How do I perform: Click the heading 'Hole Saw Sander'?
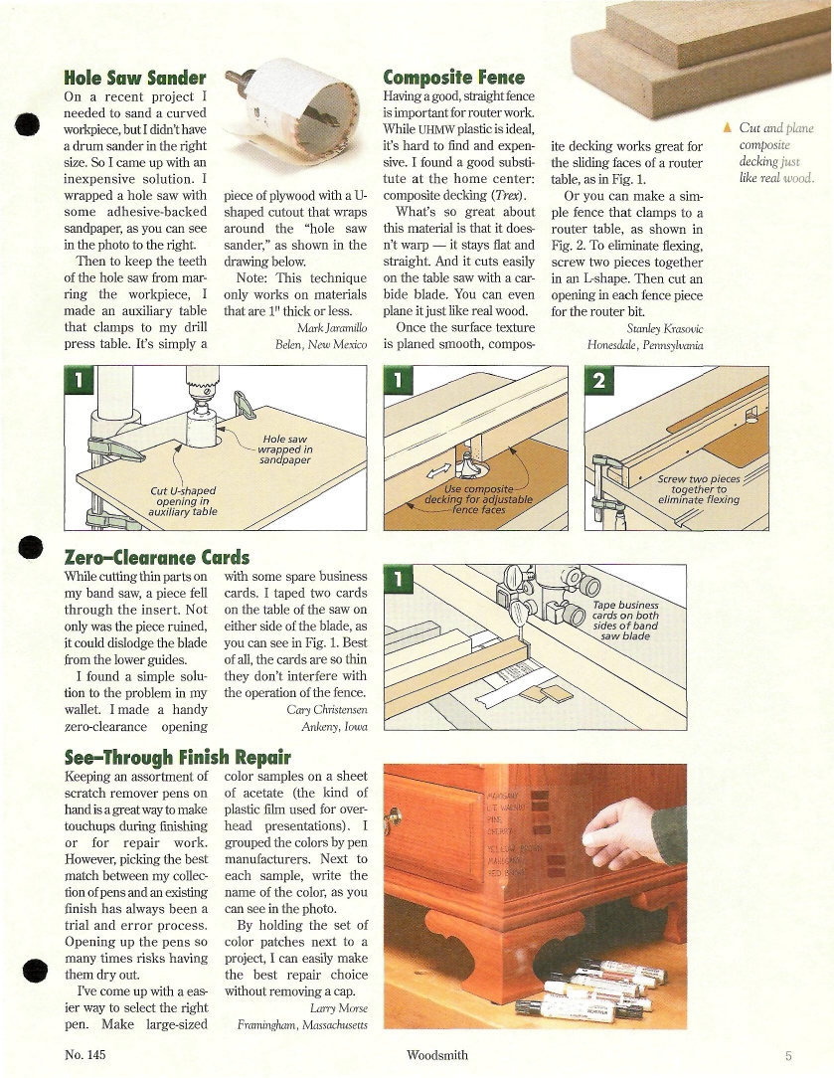click(x=134, y=77)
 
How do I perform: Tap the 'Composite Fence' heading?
click(x=453, y=77)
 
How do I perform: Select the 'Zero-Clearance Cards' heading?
click(x=156, y=557)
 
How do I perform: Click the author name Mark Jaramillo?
click(x=333, y=327)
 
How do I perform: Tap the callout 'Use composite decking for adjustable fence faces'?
click(x=478, y=499)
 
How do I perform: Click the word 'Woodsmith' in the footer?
click(x=437, y=1055)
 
